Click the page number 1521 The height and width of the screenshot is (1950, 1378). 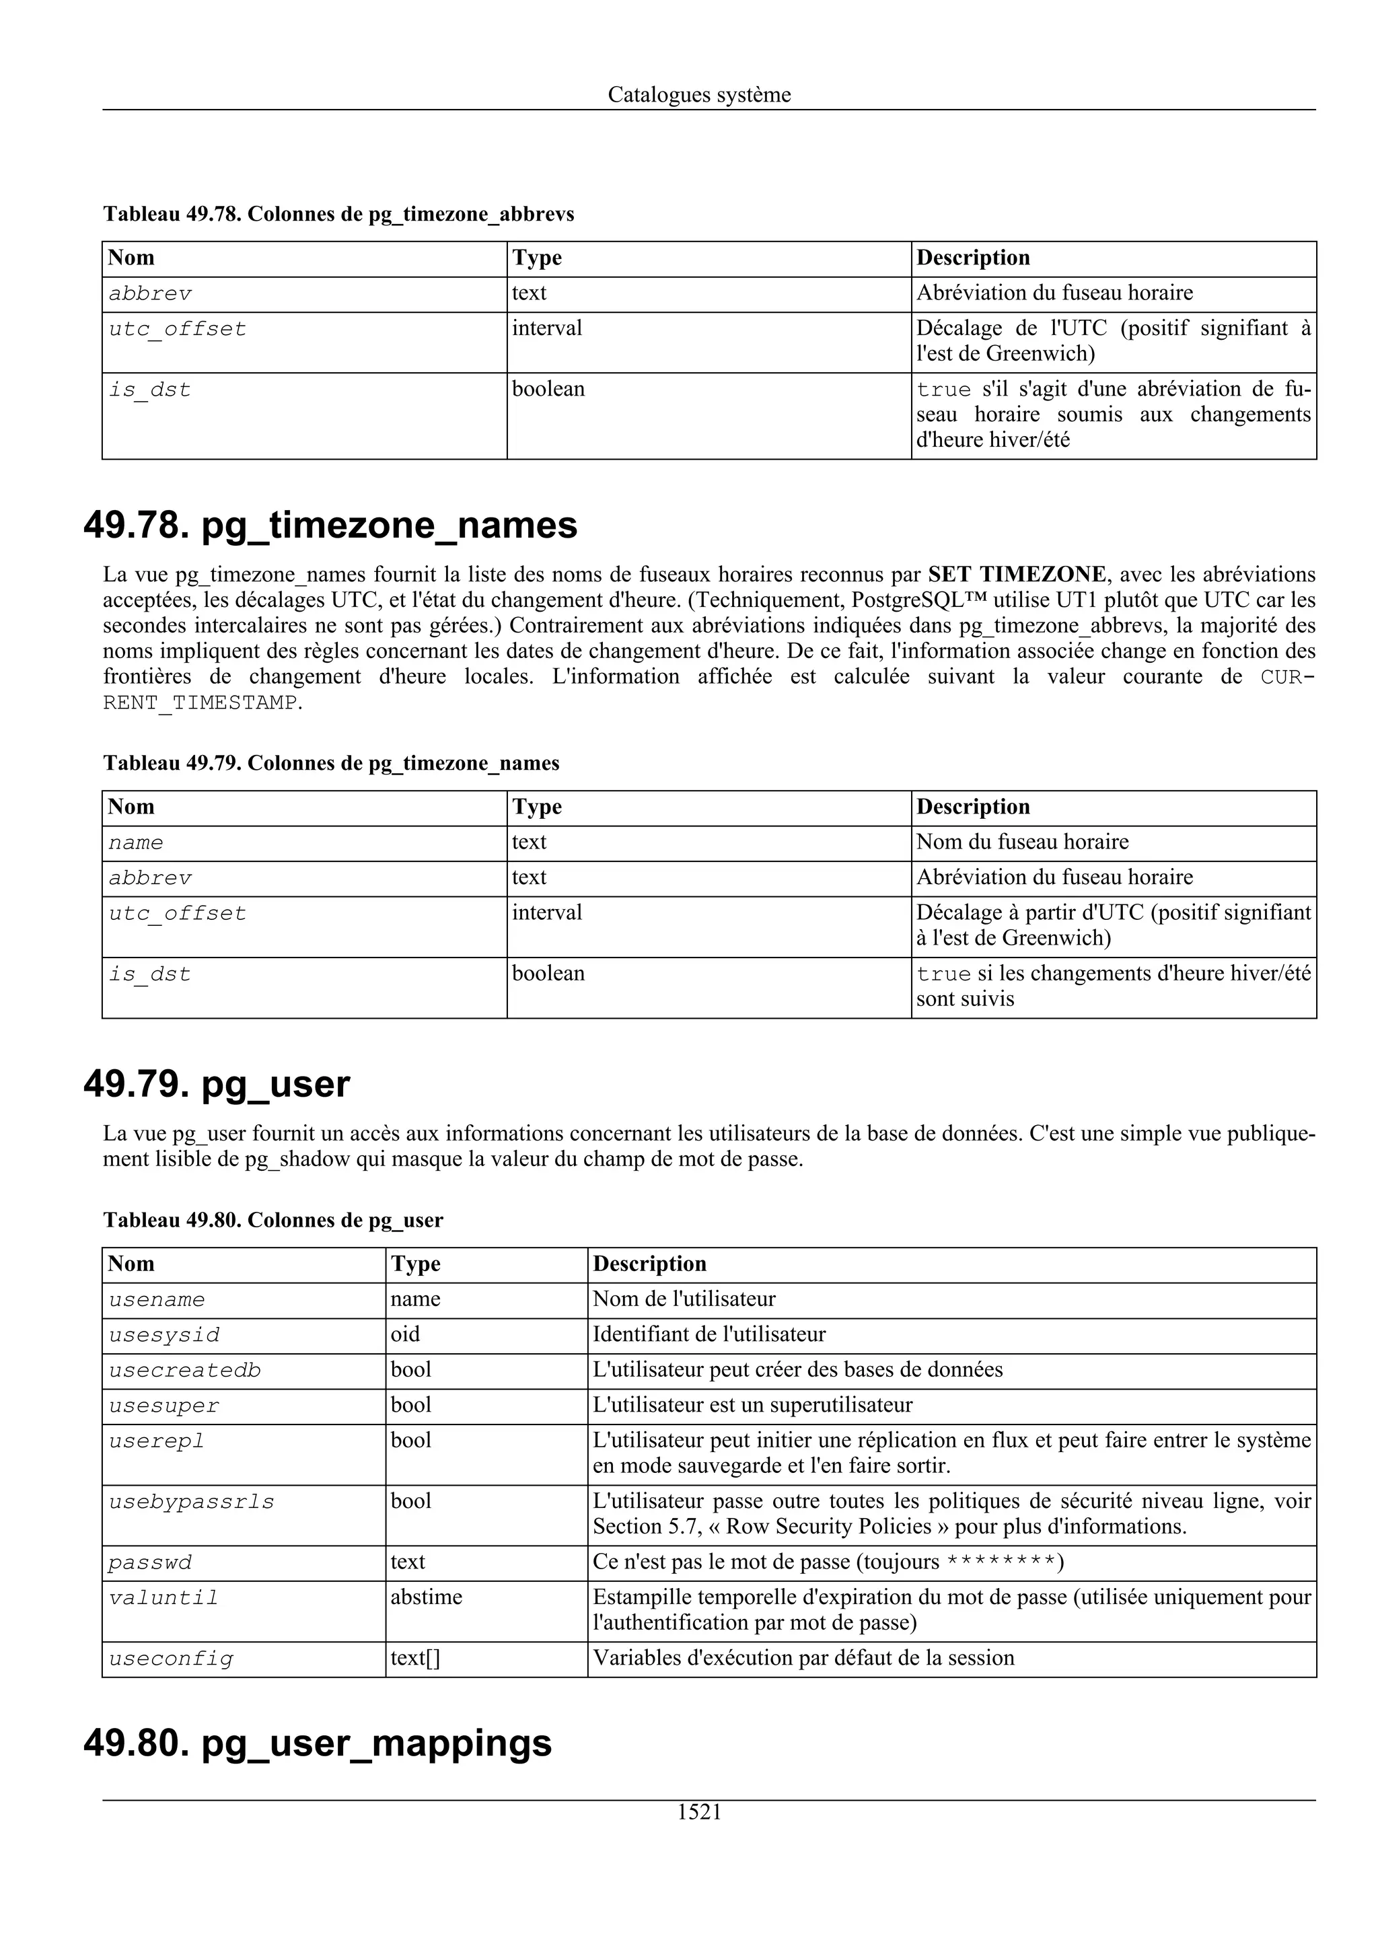click(x=699, y=1811)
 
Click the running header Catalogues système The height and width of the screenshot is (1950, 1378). click(x=699, y=94)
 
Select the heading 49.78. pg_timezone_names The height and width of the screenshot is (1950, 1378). click(x=330, y=525)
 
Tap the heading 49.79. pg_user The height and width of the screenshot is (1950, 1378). click(x=217, y=1084)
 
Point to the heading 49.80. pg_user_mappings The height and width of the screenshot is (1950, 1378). click(x=318, y=1742)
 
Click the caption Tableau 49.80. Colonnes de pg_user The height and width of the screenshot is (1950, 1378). click(x=273, y=1220)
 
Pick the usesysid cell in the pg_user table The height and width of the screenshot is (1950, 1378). click(x=164, y=1334)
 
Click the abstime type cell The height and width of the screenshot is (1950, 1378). click(x=426, y=1597)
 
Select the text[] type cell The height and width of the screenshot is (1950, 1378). click(x=415, y=1658)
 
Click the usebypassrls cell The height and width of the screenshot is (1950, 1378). click(x=192, y=1502)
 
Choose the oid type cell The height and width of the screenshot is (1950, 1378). click(x=405, y=1334)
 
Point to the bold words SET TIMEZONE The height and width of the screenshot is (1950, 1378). click(x=1017, y=575)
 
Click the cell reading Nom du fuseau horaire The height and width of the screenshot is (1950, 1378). click(x=1022, y=842)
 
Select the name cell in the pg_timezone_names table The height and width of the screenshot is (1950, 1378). click(x=136, y=842)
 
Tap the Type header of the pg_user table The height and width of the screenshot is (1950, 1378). click(x=415, y=1264)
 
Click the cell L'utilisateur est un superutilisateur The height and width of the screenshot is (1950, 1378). click(x=752, y=1405)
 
